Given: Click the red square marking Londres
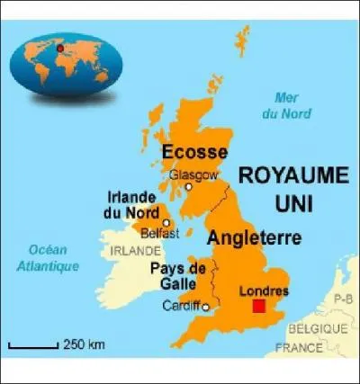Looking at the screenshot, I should [259, 307].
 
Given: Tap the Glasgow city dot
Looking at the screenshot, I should [188, 187].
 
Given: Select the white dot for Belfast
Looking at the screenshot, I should [166, 222].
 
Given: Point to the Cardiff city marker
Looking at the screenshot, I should [206, 308].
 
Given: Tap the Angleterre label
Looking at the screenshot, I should [254, 238].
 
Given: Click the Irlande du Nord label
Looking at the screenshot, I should [130, 204].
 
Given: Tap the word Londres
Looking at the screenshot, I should [265, 290].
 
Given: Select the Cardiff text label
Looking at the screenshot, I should [181, 307].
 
